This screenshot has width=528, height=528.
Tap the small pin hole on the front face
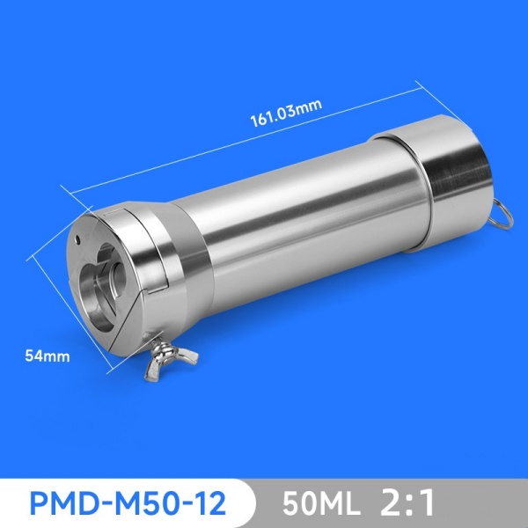tap(79, 238)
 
